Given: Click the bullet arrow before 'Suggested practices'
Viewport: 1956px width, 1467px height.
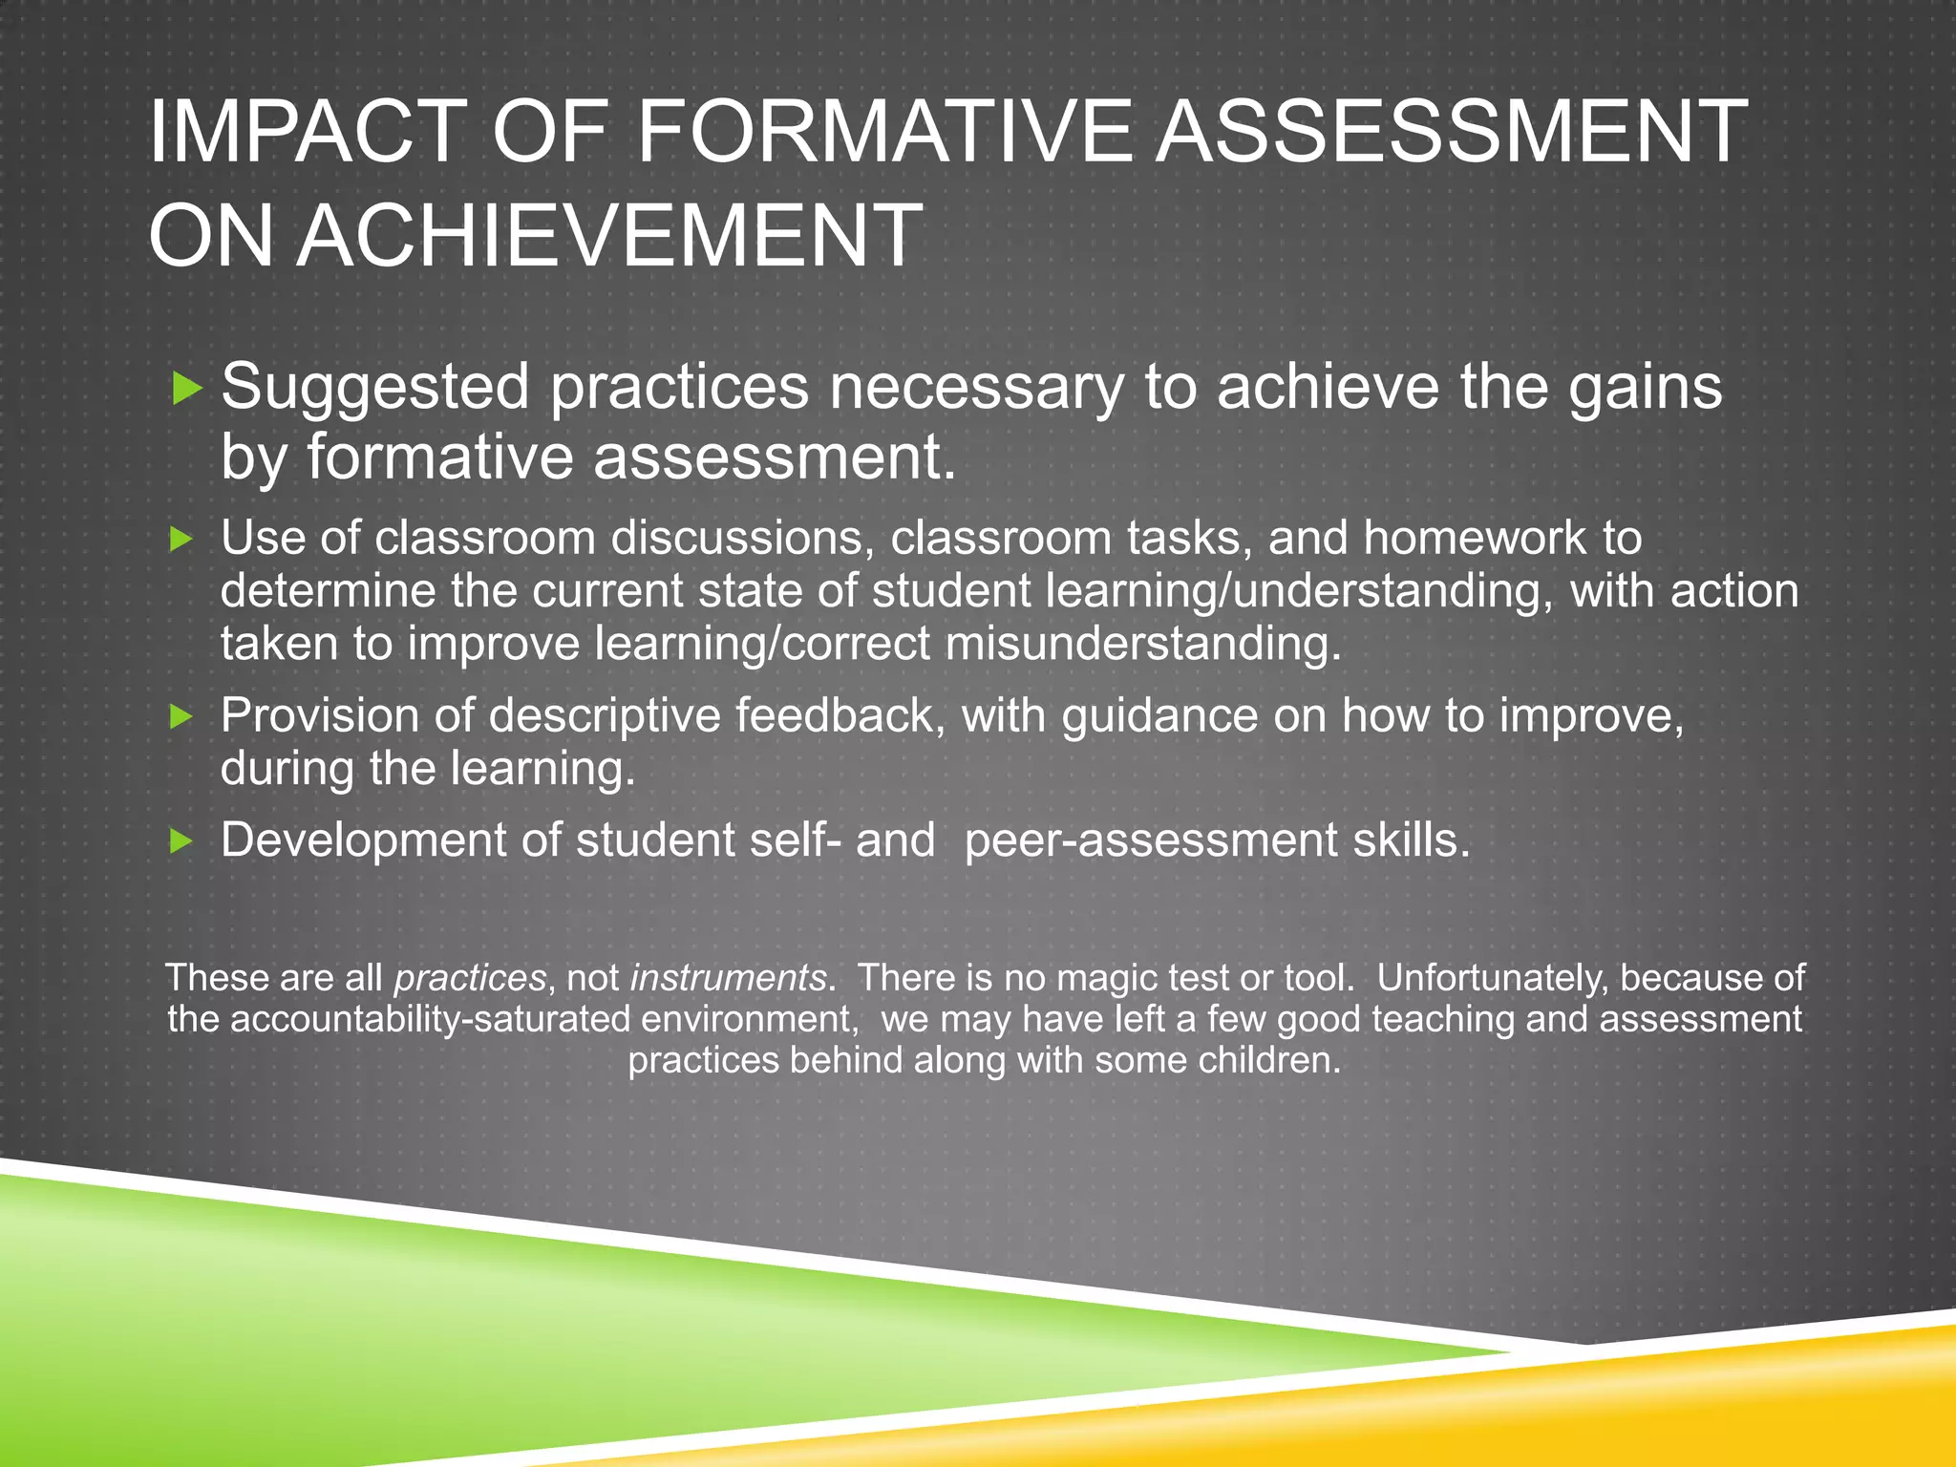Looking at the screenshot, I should (186, 388).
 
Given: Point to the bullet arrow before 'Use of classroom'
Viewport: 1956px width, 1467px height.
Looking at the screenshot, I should (181, 540).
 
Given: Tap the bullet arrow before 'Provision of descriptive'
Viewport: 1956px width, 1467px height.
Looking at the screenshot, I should (181, 716).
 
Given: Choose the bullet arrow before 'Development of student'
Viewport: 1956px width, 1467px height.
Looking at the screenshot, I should (181, 841).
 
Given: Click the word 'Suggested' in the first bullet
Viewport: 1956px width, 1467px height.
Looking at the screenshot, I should (374, 388).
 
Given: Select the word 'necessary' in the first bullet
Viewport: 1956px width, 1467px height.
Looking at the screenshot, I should (975, 388).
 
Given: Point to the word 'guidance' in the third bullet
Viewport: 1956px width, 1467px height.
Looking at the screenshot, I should (1159, 715).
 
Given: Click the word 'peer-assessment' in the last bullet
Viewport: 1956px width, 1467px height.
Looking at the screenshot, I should (1151, 840).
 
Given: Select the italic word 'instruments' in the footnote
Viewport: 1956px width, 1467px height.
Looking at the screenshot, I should (728, 978).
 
